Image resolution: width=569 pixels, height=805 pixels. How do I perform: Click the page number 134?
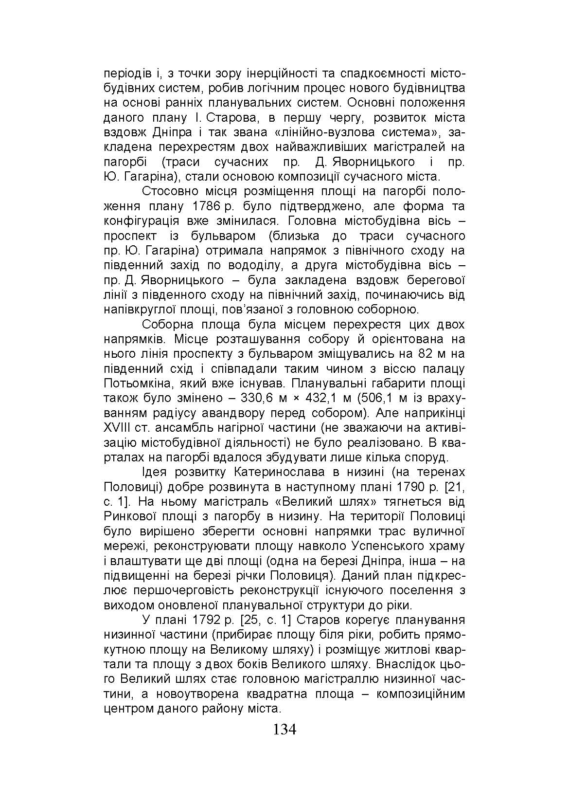coord(284,730)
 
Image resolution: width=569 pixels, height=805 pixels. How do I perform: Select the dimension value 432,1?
coord(326,398)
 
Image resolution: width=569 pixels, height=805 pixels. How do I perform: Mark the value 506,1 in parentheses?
coord(385,398)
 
